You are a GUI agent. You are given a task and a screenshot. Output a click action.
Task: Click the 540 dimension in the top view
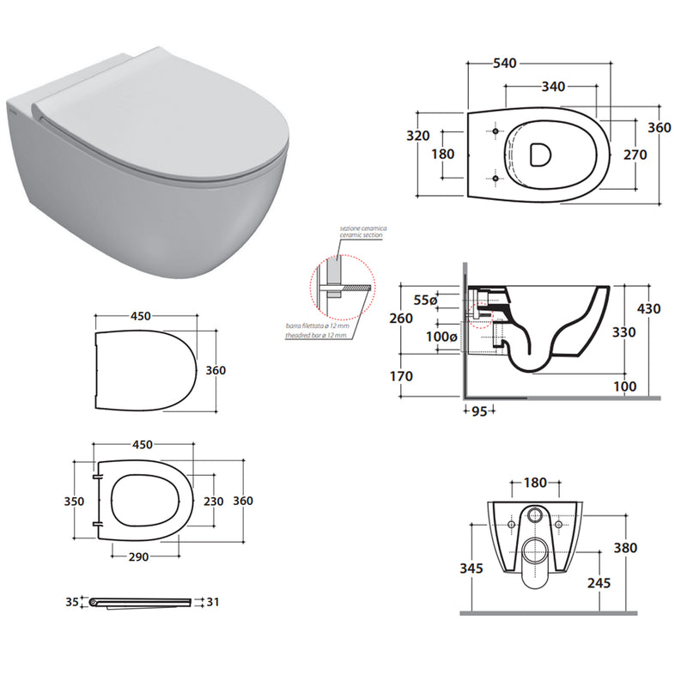pos(504,63)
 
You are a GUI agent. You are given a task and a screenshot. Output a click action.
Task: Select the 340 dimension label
pos(553,86)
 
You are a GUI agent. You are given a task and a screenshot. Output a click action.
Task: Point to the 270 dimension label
pos(635,156)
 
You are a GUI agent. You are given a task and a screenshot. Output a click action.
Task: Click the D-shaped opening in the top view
pos(540,155)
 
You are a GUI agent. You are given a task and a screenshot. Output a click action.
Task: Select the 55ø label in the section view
pos(424,300)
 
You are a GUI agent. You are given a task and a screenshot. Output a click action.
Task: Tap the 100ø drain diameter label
pos(442,337)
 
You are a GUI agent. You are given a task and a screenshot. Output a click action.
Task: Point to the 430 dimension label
pos(648,308)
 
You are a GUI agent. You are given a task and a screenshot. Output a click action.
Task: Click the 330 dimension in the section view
pos(623,331)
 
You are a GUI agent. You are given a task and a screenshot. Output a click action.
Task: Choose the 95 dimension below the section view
pos(479,411)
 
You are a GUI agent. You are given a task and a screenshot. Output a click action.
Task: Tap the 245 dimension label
pos(599,582)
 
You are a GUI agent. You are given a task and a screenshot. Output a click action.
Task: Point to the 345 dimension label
pos(471,568)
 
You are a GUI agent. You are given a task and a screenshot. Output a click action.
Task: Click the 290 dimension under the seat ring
pos(138,556)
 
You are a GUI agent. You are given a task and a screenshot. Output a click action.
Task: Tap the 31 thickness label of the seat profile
pos(213,602)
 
